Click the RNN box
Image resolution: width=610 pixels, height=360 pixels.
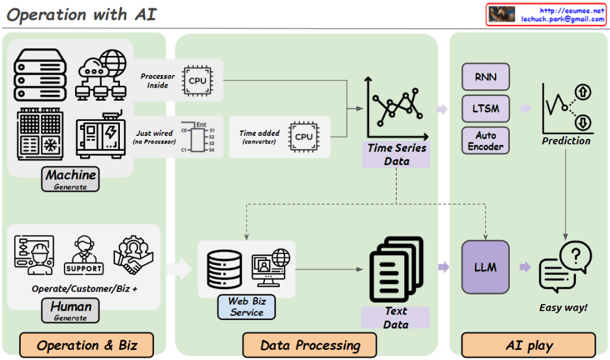[x=485, y=77]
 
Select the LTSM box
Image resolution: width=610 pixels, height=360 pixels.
[x=485, y=109]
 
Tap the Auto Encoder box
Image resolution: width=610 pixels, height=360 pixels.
[x=485, y=141]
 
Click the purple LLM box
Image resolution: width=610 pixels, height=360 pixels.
[x=485, y=267]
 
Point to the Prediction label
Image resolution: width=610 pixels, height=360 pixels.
[x=566, y=141]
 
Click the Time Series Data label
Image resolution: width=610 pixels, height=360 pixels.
[x=396, y=154]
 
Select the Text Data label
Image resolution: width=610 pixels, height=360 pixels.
[x=395, y=318]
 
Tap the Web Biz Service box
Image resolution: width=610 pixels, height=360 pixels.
[x=246, y=306]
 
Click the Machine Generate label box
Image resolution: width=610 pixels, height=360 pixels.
[x=70, y=179]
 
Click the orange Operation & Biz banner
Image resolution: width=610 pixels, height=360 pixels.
[x=87, y=345]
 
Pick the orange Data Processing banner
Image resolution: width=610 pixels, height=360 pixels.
[x=309, y=345]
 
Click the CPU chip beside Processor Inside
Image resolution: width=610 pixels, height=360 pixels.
[x=198, y=80]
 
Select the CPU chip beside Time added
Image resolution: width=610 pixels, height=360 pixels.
[x=304, y=136]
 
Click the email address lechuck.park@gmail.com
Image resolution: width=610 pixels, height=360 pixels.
[x=562, y=19]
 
